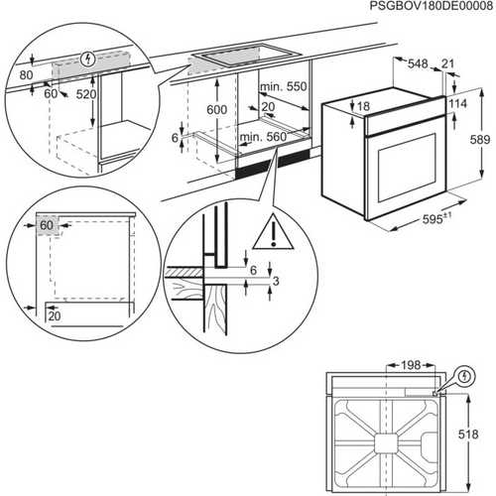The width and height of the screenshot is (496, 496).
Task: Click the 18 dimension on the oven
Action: [363, 106]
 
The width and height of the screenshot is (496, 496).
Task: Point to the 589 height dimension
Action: [478, 141]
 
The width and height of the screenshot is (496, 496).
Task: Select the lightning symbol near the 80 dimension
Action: [91, 59]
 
